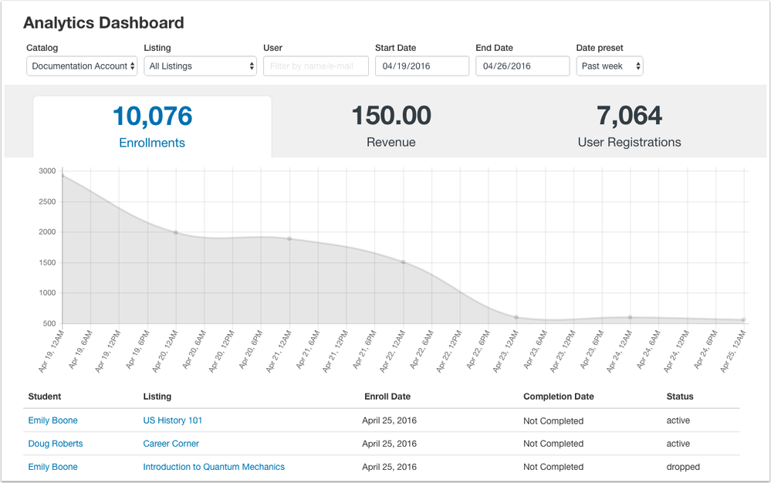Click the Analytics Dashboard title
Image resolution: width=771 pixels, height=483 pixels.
coord(104,22)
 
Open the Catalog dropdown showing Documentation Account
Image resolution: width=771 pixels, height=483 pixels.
coord(82,66)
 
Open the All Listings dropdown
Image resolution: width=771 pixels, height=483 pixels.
coord(201,66)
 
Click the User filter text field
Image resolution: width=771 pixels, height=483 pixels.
coord(313,66)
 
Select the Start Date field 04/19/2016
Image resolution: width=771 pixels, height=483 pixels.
coord(421,66)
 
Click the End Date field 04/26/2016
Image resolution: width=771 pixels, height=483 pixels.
coord(522,66)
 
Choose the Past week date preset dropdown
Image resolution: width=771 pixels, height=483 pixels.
coord(610,66)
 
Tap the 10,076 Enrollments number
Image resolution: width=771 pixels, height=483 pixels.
coord(152,116)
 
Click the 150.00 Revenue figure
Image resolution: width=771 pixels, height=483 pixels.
coord(391,116)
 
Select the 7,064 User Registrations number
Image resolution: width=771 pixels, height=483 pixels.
coord(629,116)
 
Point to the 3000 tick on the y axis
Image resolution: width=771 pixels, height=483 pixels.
coord(47,171)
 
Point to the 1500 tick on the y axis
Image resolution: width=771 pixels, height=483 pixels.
coord(47,262)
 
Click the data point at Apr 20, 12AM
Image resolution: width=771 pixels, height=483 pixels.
coord(176,232)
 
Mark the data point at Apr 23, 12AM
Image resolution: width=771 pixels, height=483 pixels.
coord(516,317)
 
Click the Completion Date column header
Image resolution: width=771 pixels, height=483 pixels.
coord(558,397)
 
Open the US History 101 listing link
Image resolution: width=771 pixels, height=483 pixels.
coord(172,421)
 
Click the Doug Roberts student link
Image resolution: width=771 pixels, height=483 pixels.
coord(56,444)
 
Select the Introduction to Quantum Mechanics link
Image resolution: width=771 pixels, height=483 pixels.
coord(214,467)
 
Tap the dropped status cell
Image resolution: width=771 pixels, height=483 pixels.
coord(683,467)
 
